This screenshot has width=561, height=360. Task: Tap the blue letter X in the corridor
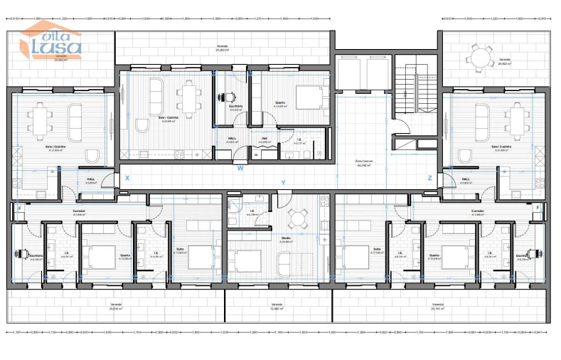coord(127,177)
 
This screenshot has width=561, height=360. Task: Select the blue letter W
coord(240,169)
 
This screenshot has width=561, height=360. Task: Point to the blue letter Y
coord(284,183)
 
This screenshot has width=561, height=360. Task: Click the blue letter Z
coord(429,178)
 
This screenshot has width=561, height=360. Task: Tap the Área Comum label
coord(365,162)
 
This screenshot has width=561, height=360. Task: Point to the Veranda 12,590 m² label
coord(279,307)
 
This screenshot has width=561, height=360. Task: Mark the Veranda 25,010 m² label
coord(116,307)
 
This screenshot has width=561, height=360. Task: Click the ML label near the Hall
coord(257,153)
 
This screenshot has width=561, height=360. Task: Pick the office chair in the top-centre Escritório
coord(230,97)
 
